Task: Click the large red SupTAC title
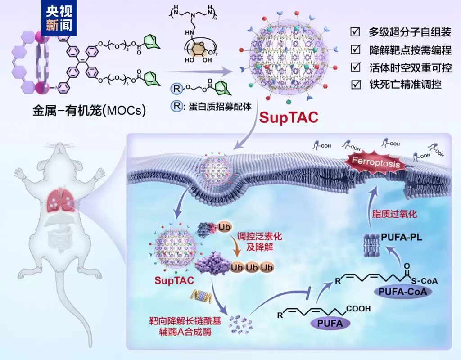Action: [x=288, y=118]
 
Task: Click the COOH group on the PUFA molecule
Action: [x=358, y=309]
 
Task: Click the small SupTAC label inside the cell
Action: [x=174, y=281]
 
